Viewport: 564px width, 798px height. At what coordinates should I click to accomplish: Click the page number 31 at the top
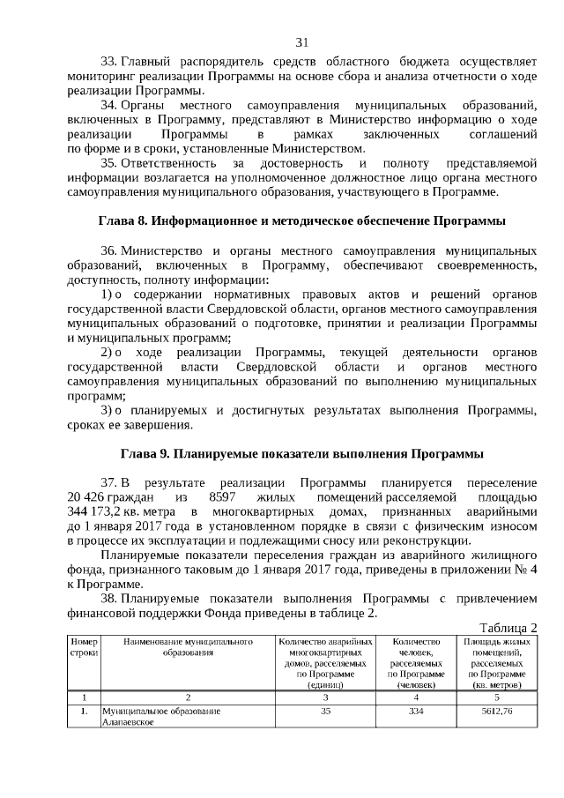point(301,41)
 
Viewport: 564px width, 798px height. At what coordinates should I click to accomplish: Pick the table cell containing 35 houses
point(325,711)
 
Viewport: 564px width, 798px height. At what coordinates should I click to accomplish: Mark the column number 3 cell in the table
point(325,696)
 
